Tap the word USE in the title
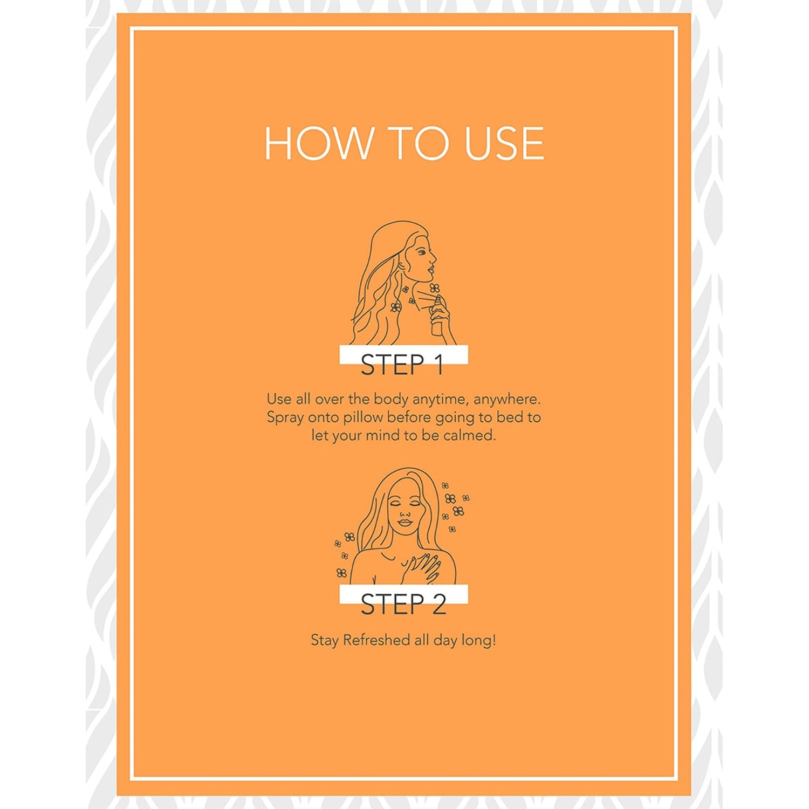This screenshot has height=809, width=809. click(504, 143)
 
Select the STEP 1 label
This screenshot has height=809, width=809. click(402, 365)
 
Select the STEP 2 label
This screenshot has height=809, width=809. click(403, 605)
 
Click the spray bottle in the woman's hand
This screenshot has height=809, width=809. click(437, 318)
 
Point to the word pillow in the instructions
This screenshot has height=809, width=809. click(362, 417)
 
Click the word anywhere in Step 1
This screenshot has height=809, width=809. click(507, 400)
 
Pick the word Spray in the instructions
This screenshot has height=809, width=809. click(285, 418)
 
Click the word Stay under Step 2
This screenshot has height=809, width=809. click(325, 641)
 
